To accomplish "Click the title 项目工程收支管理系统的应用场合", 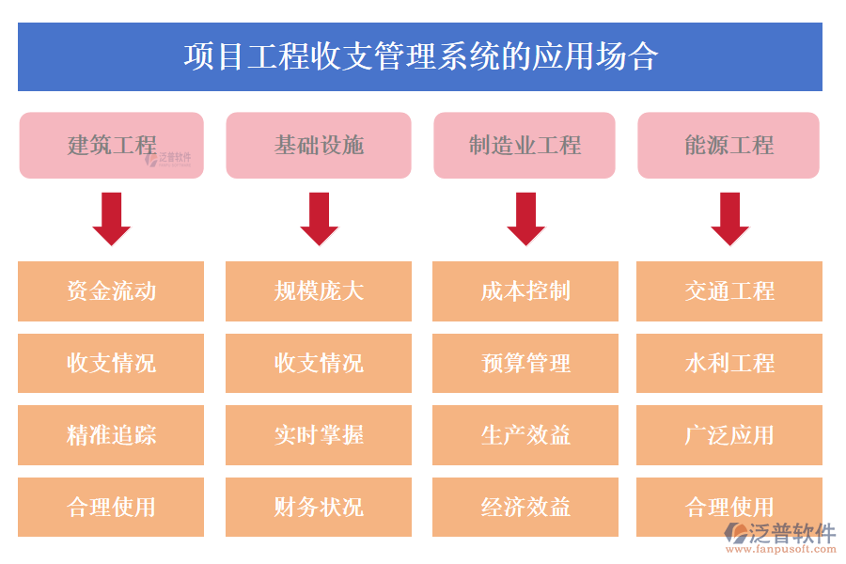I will point(420,56).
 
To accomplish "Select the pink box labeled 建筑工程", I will point(111,146).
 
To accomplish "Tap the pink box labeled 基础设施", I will point(319,146).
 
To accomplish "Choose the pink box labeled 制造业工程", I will point(525,146).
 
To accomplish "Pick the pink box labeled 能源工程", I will point(728,146).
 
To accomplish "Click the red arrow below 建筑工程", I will point(111,219).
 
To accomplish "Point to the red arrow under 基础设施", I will point(319,219).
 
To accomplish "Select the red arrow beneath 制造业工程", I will point(525,219).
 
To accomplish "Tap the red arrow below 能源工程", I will point(729,219).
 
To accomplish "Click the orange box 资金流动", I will point(111,291).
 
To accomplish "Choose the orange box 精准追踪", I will point(111,435).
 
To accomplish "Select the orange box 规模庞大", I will point(319,291).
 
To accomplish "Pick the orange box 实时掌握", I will point(319,435).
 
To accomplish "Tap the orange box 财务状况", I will point(319,508).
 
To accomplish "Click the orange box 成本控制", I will point(525,291).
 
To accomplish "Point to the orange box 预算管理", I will point(525,364).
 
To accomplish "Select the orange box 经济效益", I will point(525,508).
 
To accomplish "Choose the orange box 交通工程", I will point(729,291).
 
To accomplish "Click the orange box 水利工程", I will point(729,364).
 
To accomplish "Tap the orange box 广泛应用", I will point(729,435).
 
